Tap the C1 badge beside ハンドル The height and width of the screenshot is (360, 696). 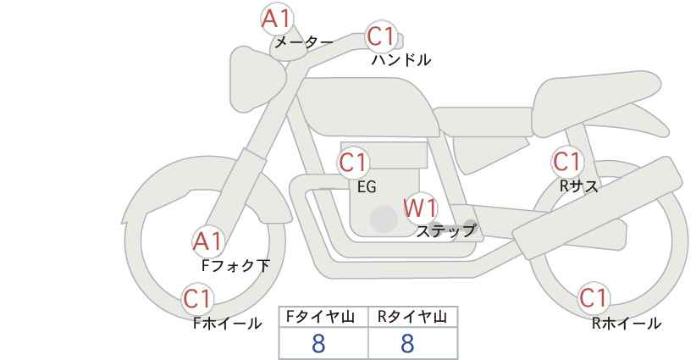[381, 37]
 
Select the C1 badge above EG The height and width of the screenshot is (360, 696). [354, 162]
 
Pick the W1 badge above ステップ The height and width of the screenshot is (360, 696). [419, 207]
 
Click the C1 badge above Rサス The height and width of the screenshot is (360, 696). [566, 161]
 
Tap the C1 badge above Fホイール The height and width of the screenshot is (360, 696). [198, 298]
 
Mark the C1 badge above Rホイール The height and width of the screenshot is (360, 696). [594, 298]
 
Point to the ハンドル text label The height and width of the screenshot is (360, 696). [401, 60]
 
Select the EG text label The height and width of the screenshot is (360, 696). [367, 187]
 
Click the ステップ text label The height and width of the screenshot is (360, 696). [446, 230]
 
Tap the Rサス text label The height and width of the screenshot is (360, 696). [578, 186]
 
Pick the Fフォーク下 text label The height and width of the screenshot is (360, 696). [235, 266]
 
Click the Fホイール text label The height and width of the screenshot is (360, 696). [227, 323]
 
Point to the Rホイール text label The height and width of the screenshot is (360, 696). [626, 323]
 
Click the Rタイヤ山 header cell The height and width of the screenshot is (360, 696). [412, 317]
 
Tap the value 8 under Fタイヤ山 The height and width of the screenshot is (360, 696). [319, 343]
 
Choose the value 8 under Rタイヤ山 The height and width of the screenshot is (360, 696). [407, 343]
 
